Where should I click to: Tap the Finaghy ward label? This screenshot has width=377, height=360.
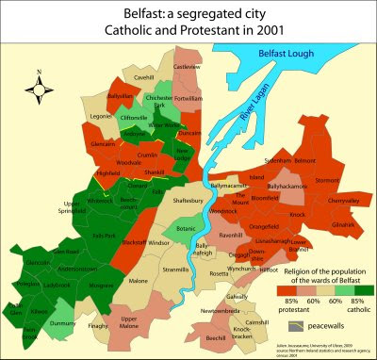coord(98,325)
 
